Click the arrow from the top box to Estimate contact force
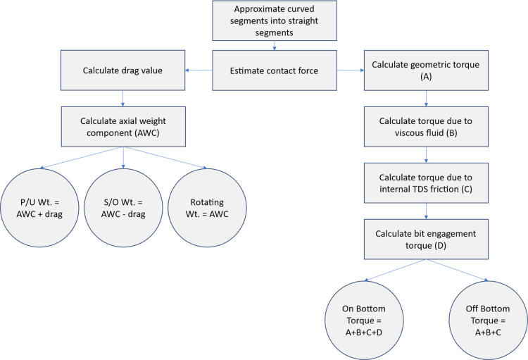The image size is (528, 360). (x=275, y=46)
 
